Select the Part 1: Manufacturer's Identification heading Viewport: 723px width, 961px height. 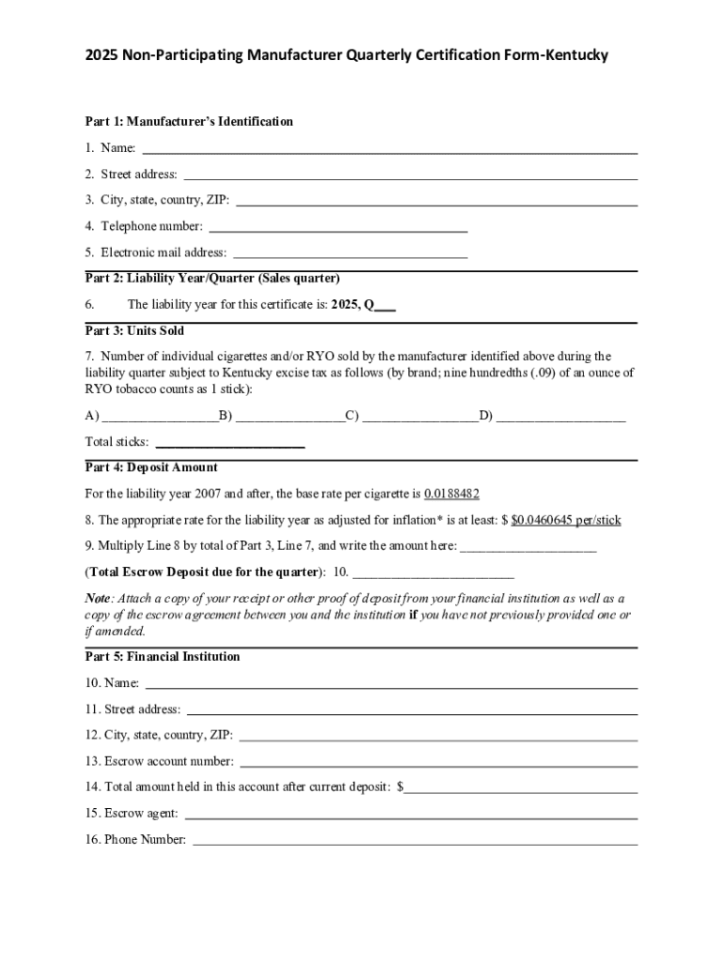pos(189,122)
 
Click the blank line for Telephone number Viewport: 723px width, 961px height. pos(338,226)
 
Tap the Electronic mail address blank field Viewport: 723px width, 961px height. pos(349,252)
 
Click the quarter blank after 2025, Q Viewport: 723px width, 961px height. pos(385,305)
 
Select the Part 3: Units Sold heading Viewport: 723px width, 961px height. pos(134,331)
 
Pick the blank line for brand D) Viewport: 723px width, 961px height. pos(560,417)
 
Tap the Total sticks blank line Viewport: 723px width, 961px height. pos(230,442)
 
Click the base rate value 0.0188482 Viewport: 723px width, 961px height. pos(452,494)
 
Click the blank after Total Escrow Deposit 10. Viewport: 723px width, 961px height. pos(433,572)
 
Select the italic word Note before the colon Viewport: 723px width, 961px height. pos(98,598)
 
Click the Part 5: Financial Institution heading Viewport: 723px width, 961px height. pos(162,657)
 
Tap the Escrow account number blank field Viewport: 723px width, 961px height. pos(438,761)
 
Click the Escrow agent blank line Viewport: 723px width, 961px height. pos(411,814)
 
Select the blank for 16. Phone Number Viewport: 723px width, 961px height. pos(415,840)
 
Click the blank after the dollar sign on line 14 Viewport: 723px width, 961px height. pos(520,787)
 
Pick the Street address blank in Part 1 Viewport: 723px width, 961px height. pos(410,175)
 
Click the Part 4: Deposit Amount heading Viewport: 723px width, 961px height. pos(151,467)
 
